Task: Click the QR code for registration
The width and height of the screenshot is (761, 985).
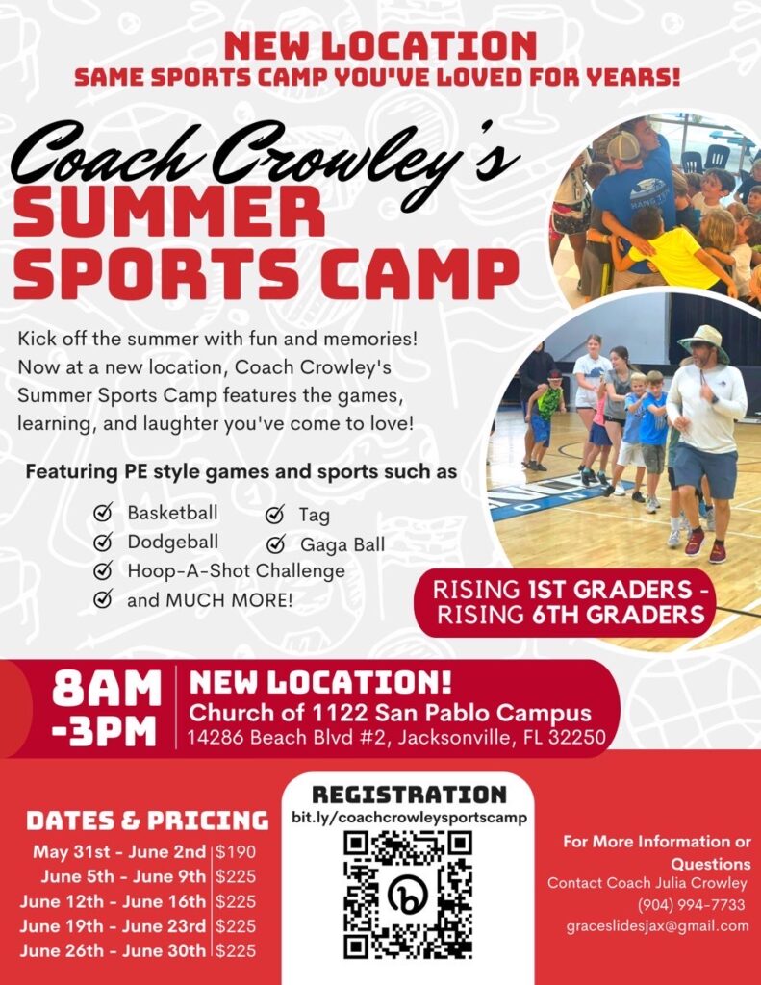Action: click(408, 894)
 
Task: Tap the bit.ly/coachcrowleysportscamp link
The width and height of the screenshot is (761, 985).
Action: click(409, 818)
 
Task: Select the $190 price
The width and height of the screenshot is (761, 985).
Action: click(236, 852)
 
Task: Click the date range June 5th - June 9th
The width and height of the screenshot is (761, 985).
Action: click(123, 876)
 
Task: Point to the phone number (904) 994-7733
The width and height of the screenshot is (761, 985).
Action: click(691, 904)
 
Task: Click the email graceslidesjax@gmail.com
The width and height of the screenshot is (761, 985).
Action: click(657, 926)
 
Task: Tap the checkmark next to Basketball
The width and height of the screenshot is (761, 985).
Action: click(102, 513)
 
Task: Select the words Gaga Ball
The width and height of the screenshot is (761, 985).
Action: click(342, 544)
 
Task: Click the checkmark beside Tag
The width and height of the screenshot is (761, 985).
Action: click(274, 515)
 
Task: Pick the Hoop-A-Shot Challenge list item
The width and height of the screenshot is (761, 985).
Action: click(237, 571)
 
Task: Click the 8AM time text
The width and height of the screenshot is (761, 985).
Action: click(107, 689)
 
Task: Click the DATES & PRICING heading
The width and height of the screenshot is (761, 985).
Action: click(147, 821)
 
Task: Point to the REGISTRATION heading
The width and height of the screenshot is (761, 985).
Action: click(409, 795)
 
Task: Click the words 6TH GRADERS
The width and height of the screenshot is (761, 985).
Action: click(618, 615)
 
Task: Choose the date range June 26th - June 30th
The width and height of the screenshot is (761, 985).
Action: click(113, 950)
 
